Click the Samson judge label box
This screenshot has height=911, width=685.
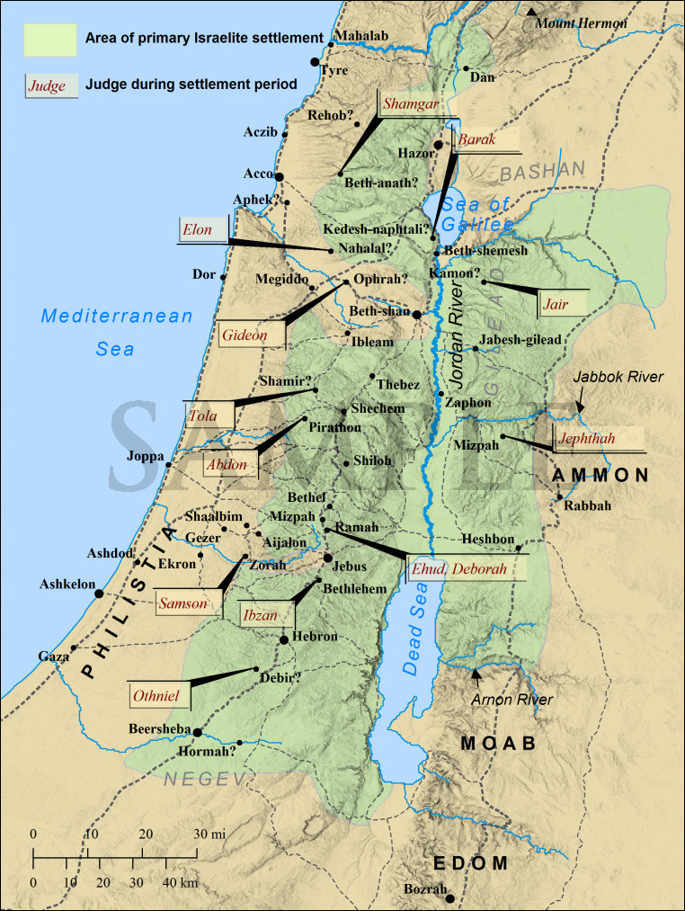tap(183, 603)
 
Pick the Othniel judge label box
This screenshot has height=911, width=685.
tap(157, 694)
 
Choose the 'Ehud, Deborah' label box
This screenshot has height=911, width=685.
tap(458, 568)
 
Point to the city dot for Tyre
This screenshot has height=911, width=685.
tap(315, 61)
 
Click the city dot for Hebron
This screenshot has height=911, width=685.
tap(284, 639)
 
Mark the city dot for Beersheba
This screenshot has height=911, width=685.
tap(197, 732)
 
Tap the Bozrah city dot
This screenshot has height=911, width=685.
tap(450, 898)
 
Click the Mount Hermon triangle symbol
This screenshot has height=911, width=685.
tap(533, 12)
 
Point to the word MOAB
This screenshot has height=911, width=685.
tap(498, 744)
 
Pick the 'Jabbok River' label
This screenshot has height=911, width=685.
tap(618, 377)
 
